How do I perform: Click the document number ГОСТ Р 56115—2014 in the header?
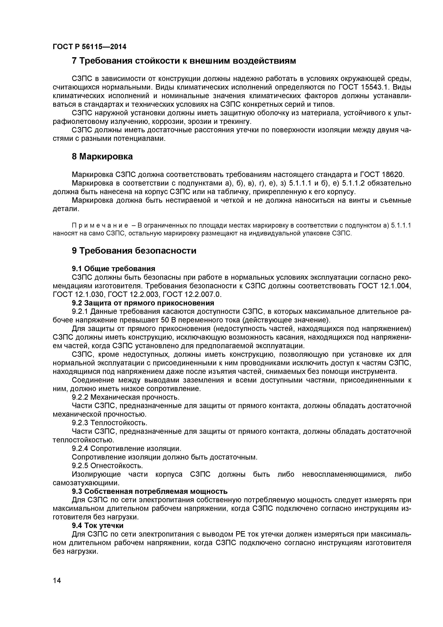tap(89, 47)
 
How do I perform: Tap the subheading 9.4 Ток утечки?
tap(98, 525)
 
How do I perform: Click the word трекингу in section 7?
tap(235, 122)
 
